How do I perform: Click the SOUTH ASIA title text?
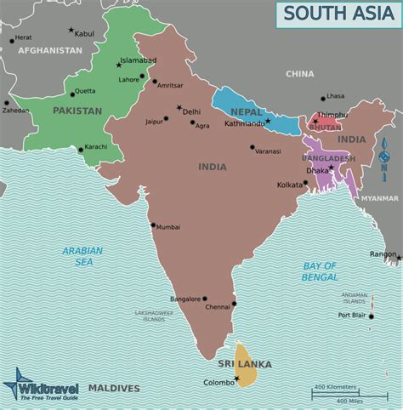tap(338, 13)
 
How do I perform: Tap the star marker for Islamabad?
tap(119, 65)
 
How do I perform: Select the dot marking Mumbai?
tap(152, 225)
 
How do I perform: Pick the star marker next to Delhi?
tap(179, 108)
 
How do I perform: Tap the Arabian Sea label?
tap(82, 257)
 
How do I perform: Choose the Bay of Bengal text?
tap(321, 271)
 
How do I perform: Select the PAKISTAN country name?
tap(77, 111)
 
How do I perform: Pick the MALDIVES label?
tap(114, 389)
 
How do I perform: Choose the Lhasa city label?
tap(337, 97)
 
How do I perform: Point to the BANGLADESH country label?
tap(328, 158)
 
